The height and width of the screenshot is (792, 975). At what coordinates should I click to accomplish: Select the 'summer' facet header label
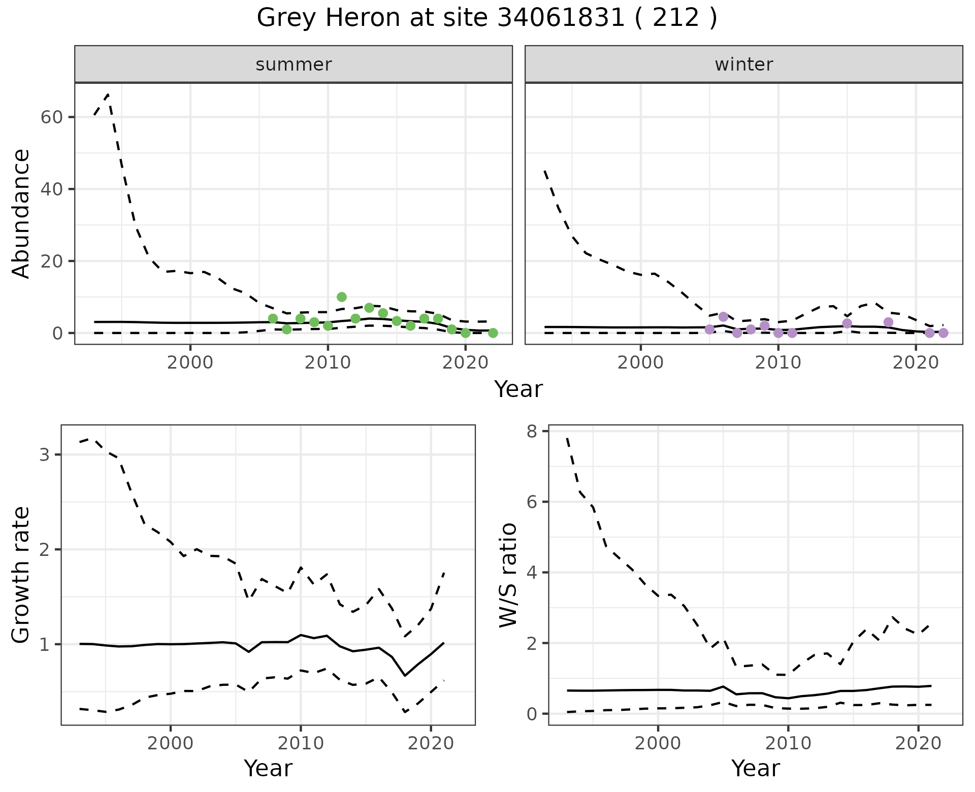tap(294, 64)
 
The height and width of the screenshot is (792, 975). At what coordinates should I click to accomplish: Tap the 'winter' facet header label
tap(743, 64)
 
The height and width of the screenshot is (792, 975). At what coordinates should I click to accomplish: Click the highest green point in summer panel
tap(342, 297)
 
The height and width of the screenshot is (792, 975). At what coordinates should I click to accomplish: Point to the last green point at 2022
tap(493, 333)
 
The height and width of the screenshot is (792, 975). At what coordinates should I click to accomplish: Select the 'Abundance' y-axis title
tap(21, 213)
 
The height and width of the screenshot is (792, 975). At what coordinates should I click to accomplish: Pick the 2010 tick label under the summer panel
tap(328, 363)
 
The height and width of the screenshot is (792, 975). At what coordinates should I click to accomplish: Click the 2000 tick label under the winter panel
tap(640, 363)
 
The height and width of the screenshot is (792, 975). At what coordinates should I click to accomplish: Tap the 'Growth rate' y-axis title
tap(21, 575)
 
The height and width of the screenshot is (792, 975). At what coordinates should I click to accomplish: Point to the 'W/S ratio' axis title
tap(508, 575)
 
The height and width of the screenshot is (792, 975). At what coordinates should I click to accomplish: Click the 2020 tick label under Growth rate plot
tap(431, 744)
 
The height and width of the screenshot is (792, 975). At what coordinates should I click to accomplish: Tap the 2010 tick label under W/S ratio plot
tap(788, 744)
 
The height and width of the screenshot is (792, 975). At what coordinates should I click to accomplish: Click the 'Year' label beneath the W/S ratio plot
tap(755, 769)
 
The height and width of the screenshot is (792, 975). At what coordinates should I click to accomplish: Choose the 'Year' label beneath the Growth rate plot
tap(268, 769)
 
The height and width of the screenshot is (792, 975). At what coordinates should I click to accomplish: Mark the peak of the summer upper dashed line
tap(108, 94)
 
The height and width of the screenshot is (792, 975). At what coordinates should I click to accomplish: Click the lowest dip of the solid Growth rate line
tap(405, 675)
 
